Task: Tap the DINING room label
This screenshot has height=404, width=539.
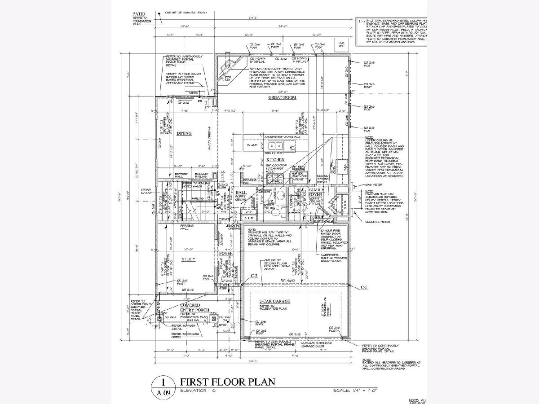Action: point(184,133)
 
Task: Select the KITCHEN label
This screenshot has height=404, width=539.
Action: point(274,160)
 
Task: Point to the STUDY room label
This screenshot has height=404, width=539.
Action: point(188,259)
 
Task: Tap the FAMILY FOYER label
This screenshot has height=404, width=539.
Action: point(317,192)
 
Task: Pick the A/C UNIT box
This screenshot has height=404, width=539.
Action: point(342,44)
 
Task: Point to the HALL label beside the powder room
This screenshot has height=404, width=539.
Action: point(239,193)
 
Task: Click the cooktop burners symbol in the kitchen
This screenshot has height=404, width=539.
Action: point(274,179)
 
